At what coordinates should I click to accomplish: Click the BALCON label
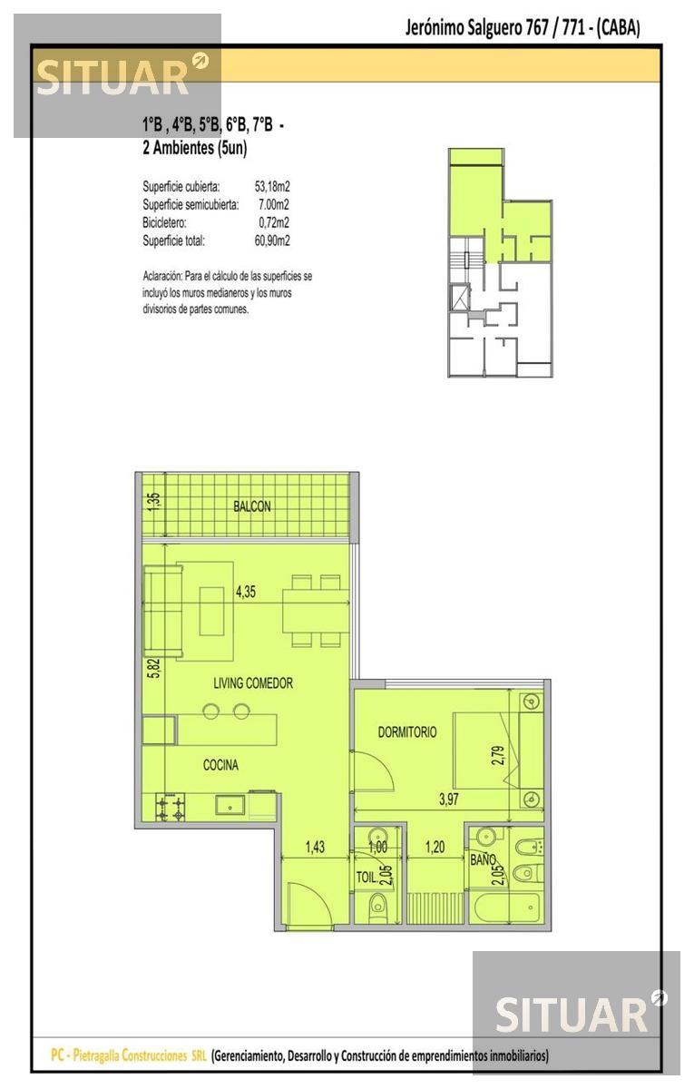coord(252,506)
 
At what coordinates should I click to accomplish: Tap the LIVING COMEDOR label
coord(253,683)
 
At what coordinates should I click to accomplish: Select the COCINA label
coord(220,765)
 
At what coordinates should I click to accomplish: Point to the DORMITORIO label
coord(407,731)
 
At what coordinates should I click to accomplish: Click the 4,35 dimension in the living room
coord(246,592)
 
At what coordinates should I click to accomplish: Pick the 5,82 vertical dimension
coord(154,668)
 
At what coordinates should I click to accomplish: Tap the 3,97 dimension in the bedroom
coord(448,799)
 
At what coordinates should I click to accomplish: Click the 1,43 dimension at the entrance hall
coord(315,847)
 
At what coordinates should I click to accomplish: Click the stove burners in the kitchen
coord(171,807)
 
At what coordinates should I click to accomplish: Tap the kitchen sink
coord(230,805)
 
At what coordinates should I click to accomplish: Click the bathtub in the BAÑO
coord(506,907)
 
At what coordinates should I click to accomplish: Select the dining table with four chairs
coord(316,611)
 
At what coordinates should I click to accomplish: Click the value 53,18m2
coord(272,186)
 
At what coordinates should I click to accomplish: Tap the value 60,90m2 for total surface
coord(272,240)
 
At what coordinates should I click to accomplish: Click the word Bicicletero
coord(164,222)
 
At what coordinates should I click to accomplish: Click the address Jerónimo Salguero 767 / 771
coord(494,28)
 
